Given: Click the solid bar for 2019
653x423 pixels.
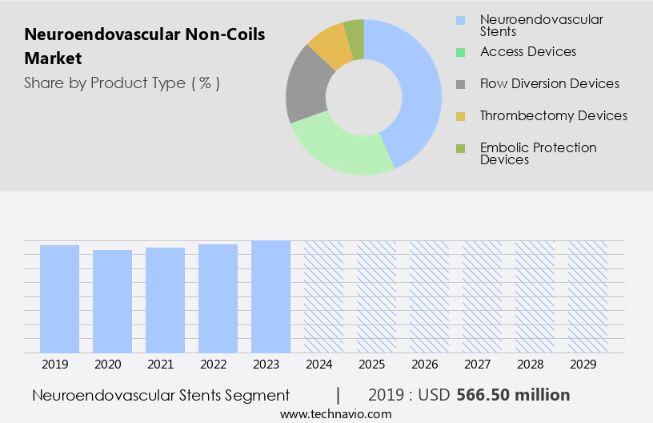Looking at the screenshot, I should (59, 299).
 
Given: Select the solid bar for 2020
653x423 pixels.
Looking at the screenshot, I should (112, 301).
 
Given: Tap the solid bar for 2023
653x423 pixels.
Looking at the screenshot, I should (270, 296).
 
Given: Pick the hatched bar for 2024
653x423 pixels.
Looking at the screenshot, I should (323, 296).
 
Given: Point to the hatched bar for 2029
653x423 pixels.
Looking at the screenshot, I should (587, 296).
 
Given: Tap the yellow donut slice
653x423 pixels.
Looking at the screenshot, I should (329, 45).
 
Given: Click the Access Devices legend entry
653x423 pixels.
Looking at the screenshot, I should (528, 51).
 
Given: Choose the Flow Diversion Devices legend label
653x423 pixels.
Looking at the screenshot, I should (549, 83).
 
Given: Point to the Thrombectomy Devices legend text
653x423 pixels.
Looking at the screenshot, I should (553, 115).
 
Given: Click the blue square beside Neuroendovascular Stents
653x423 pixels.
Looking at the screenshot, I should (460, 20).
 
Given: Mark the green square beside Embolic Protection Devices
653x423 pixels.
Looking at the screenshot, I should (460, 148).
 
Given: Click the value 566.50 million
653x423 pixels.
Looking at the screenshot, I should (513, 395).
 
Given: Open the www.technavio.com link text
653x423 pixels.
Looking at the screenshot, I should (336, 414).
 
